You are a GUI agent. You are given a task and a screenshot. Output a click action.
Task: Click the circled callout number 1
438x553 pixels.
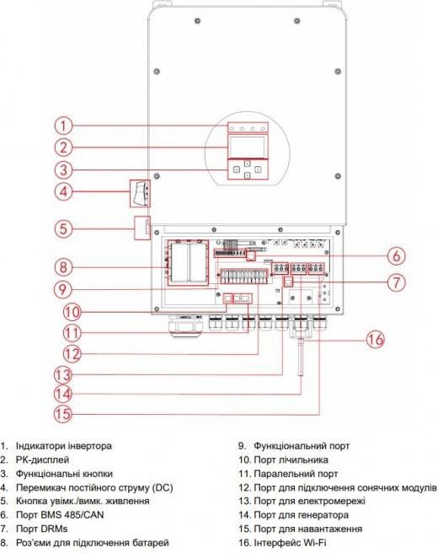(63, 126)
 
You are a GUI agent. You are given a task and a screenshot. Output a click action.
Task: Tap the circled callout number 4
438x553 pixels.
(63, 191)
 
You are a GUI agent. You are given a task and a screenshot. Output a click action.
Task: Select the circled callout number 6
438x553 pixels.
(397, 255)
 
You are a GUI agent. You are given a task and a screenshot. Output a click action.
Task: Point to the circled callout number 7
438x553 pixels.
(397, 282)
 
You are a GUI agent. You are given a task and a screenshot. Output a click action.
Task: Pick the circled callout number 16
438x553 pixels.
(376, 340)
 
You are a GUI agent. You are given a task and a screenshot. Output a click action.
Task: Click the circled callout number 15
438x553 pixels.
(63, 413)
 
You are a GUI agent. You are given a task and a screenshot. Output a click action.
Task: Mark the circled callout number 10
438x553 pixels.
(72, 312)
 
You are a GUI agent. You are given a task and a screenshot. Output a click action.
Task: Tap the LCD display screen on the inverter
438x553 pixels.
(247, 146)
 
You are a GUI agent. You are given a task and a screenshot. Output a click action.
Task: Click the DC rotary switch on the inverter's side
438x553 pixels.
(141, 193)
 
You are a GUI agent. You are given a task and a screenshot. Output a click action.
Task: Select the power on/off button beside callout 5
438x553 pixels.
(142, 228)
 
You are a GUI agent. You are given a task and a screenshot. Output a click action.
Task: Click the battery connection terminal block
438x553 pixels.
(188, 262)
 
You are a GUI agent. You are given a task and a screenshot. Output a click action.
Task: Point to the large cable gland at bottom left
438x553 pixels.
(185, 326)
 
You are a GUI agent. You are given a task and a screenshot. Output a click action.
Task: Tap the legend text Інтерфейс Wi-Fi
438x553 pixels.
(292, 542)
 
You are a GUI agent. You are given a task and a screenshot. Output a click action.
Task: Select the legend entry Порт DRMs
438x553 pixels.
(41, 529)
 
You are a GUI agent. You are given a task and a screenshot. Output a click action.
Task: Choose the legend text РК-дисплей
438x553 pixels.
(42, 460)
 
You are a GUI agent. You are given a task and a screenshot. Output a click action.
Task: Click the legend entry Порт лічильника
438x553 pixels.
(291, 460)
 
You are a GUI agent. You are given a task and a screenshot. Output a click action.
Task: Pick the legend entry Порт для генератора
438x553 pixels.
(302, 515)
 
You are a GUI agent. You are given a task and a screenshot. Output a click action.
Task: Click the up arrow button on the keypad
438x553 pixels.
(248, 164)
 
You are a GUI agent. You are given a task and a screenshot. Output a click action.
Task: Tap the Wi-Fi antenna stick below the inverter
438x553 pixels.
(301, 357)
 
